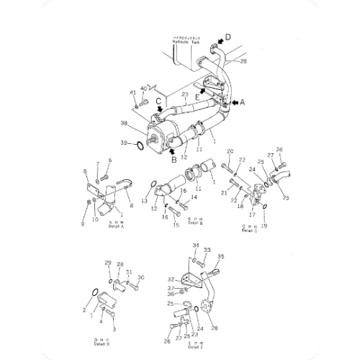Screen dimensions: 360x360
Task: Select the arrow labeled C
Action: (158, 110)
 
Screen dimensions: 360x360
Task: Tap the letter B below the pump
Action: (173, 160)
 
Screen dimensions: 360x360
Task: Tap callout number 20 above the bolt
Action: (230, 151)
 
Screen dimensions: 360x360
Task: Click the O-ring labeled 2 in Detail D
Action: (96, 292)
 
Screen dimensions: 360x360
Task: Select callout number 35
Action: (220, 256)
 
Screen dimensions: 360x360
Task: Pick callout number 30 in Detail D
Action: (141, 277)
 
